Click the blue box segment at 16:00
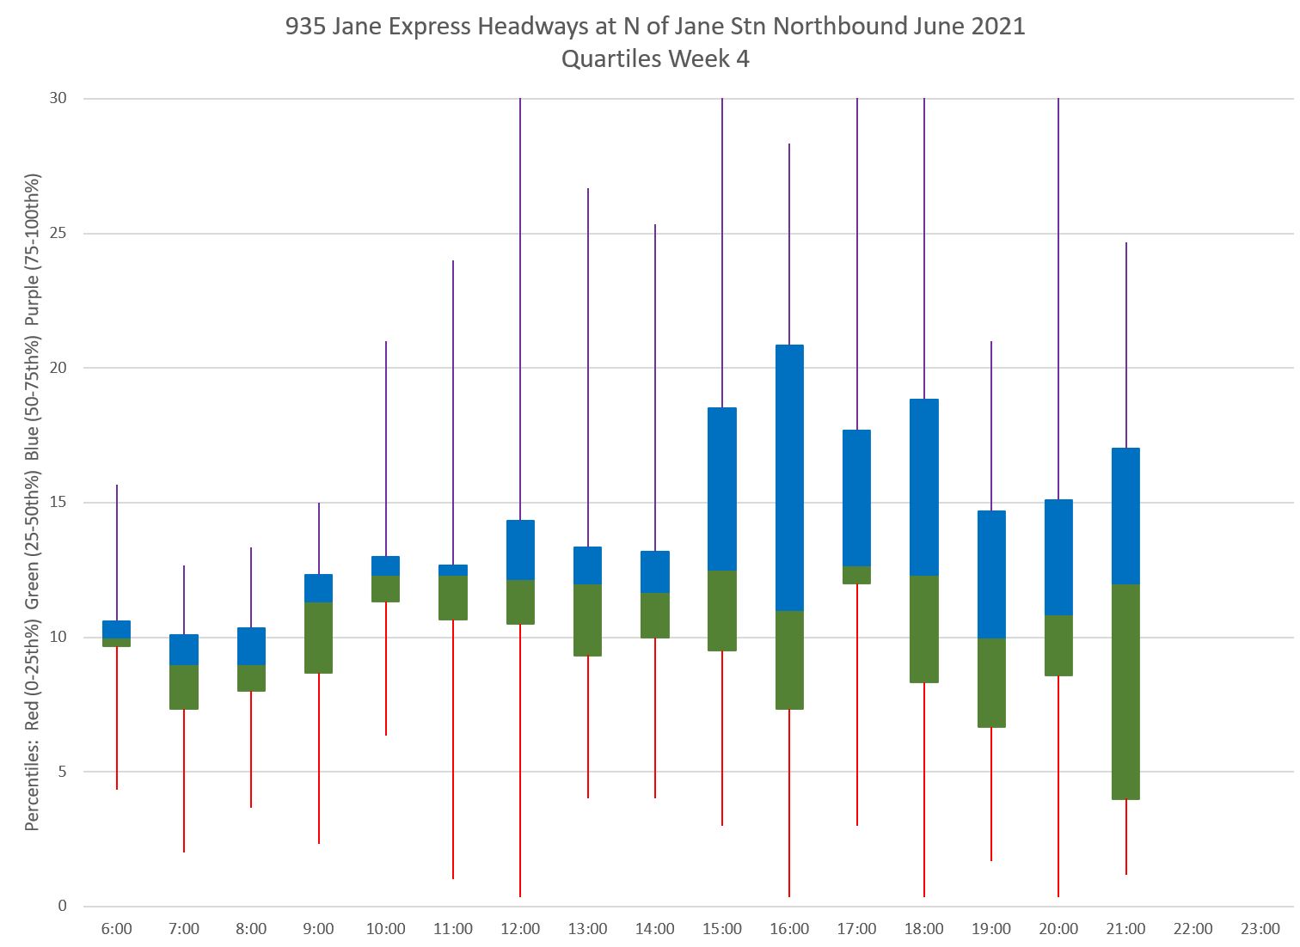(789, 478)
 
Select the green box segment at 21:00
(1125, 692)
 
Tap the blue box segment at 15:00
(722, 489)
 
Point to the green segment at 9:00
(319, 638)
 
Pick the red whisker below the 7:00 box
(184, 780)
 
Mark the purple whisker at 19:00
(991, 426)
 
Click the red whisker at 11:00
(453, 748)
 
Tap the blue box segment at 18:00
(924, 487)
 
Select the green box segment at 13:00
(588, 620)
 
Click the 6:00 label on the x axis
(117, 929)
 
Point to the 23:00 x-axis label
(1260, 929)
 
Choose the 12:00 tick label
(520, 929)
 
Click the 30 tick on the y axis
(58, 99)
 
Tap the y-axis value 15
(58, 503)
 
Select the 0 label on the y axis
(63, 906)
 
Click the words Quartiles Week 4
(655, 59)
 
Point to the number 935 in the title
(305, 27)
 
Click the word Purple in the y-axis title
(33, 296)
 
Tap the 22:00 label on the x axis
(1193, 929)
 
